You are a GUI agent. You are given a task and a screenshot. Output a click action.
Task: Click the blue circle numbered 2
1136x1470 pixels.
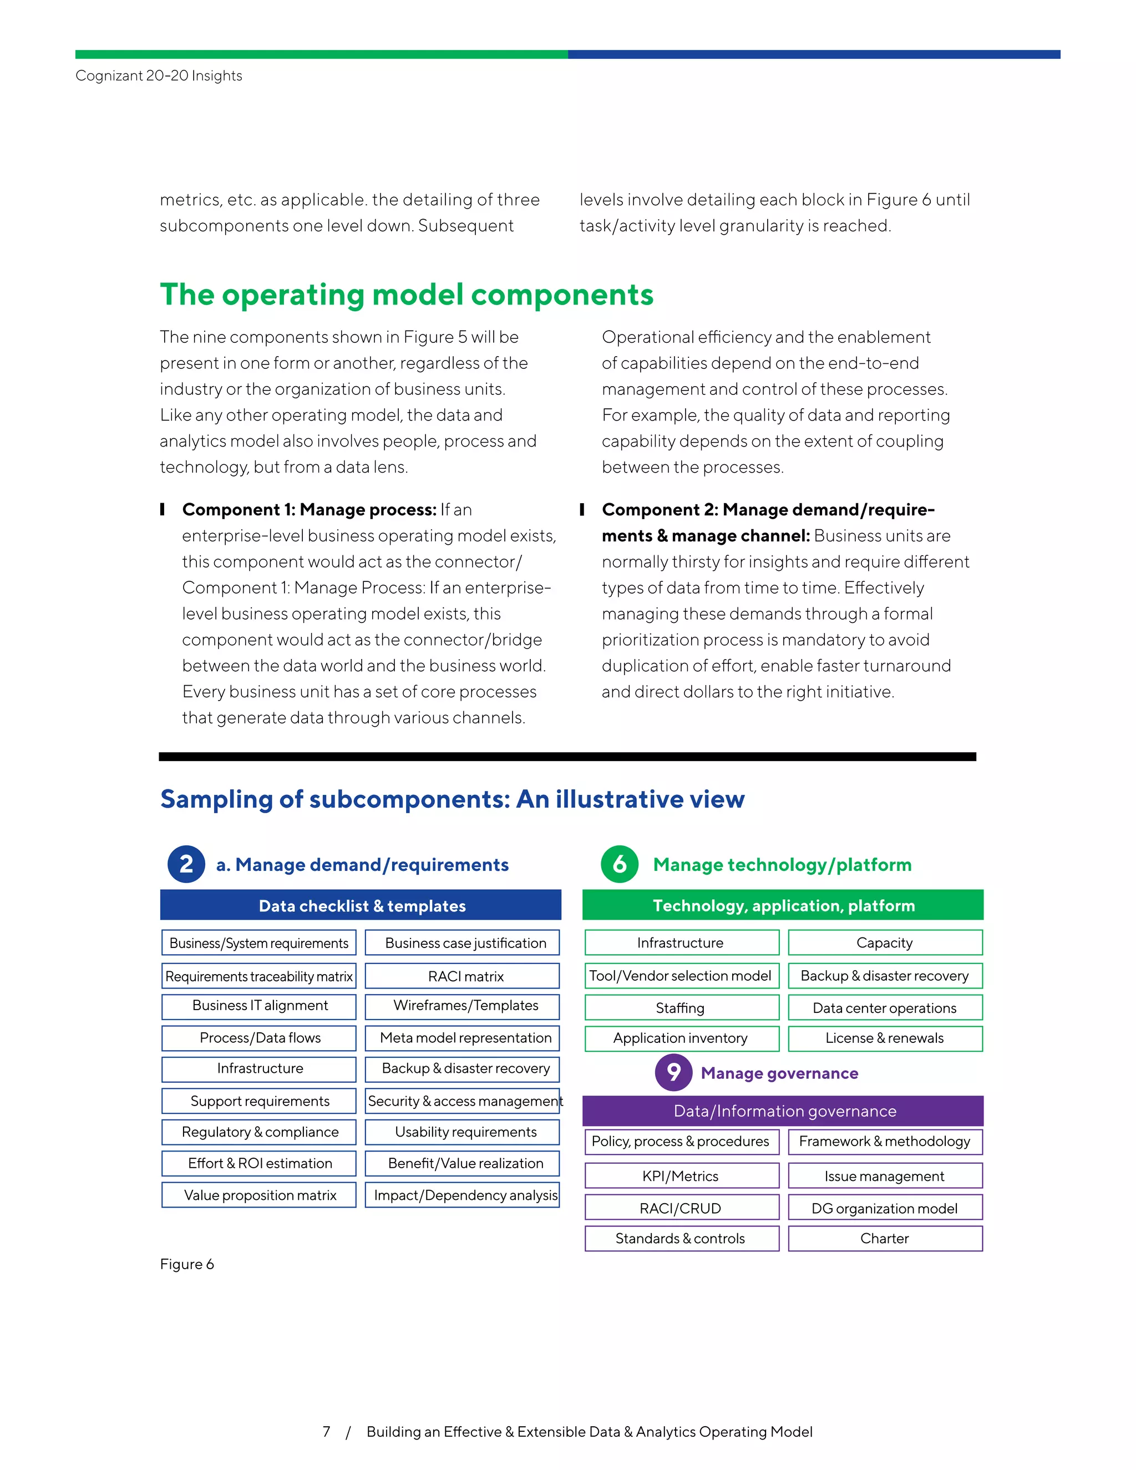[x=186, y=864]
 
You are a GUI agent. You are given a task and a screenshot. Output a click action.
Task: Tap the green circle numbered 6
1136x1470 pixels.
[x=619, y=864]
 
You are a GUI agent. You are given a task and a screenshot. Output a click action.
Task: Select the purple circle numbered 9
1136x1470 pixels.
[x=673, y=1072]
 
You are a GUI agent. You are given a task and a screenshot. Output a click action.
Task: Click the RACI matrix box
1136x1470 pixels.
[x=463, y=976]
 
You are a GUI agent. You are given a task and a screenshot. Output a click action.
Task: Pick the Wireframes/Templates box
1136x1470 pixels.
[x=463, y=1006]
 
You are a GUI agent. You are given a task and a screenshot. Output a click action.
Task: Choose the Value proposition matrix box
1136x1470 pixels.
[x=259, y=1195]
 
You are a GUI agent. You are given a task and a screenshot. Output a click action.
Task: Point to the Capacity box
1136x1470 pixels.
[x=885, y=942]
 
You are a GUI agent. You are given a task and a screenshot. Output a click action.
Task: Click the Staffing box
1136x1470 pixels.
[x=681, y=1007]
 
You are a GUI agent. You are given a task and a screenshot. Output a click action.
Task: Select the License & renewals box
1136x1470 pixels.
[x=885, y=1038]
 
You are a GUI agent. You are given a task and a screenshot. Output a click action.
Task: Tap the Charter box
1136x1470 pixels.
[x=885, y=1239]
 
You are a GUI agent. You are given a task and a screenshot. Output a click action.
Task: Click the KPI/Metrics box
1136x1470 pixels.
[x=681, y=1176]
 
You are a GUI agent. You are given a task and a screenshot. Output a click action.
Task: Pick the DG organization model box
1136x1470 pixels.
[x=885, y=1208]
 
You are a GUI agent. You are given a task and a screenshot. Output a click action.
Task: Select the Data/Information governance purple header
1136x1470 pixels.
[x=783, y=1111]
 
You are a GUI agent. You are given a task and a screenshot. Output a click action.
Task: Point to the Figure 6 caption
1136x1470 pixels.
[x=187, y=1264]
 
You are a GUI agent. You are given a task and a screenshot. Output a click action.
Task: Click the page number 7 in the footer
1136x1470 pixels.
[x=326, y=1432]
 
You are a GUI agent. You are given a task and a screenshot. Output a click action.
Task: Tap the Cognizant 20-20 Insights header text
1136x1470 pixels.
[x=159, y=75]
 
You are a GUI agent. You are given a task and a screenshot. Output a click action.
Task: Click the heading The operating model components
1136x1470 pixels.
[x=407, y=295]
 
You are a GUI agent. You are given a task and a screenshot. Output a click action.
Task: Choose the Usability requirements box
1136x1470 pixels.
[x=463, y=1132]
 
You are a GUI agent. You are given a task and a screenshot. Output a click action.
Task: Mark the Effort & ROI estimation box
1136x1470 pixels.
[x=259, y=1163]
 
